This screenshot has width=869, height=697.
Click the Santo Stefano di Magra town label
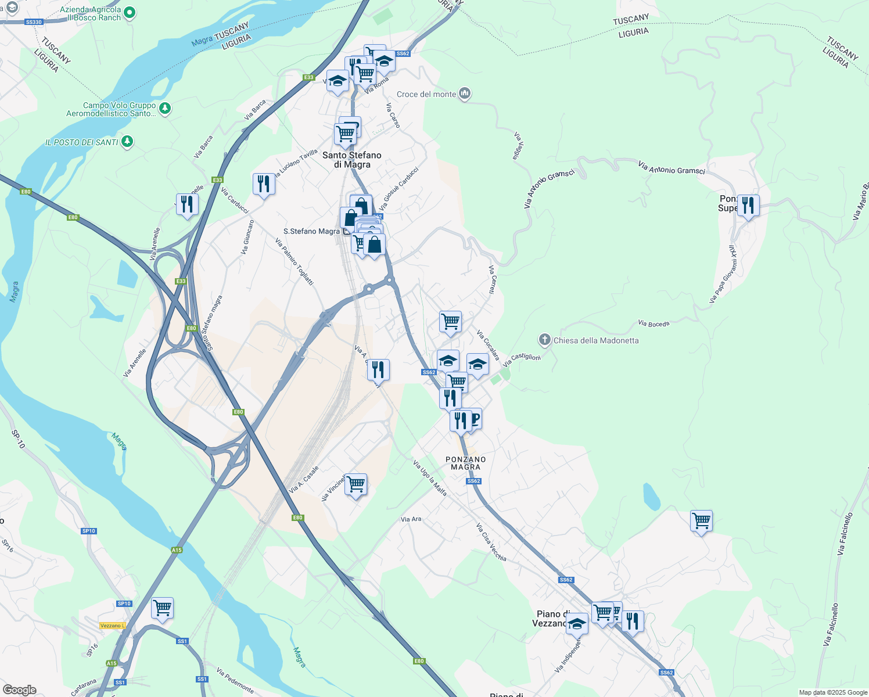point(352,160)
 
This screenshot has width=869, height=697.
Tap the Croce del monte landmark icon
point(464,94)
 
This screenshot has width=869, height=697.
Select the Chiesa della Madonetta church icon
point(544,339)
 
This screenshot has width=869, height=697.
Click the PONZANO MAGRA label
point(466,463)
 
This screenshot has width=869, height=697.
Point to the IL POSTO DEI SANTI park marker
point(127,141)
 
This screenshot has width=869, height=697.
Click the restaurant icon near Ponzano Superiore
point(748,206)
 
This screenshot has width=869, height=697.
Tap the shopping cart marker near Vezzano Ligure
point(162,608)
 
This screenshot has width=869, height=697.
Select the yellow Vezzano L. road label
point(113,626)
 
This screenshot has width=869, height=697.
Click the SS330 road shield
point(34,22)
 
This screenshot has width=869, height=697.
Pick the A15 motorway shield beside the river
point(177,549)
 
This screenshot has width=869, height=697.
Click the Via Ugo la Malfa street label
point(430,478)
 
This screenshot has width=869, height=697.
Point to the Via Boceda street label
point(653,324)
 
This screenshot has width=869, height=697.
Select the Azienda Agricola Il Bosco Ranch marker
point(130,12)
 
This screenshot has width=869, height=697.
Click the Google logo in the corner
point(19,689)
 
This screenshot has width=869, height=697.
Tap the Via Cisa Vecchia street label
point(491,542)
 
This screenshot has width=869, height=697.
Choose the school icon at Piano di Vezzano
point(576,624)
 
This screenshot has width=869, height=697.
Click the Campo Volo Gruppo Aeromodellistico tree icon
point(165,108)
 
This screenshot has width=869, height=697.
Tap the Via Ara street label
point(411,519)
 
